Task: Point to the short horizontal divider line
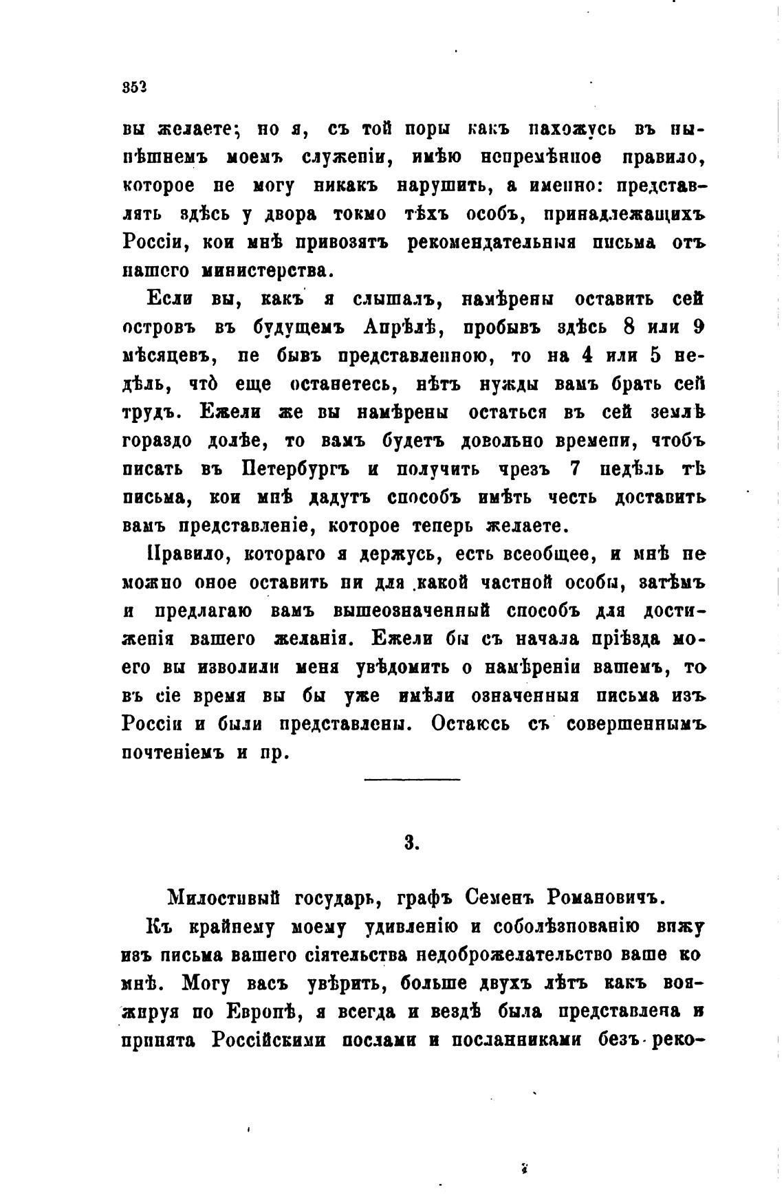(x=412, y=779)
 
